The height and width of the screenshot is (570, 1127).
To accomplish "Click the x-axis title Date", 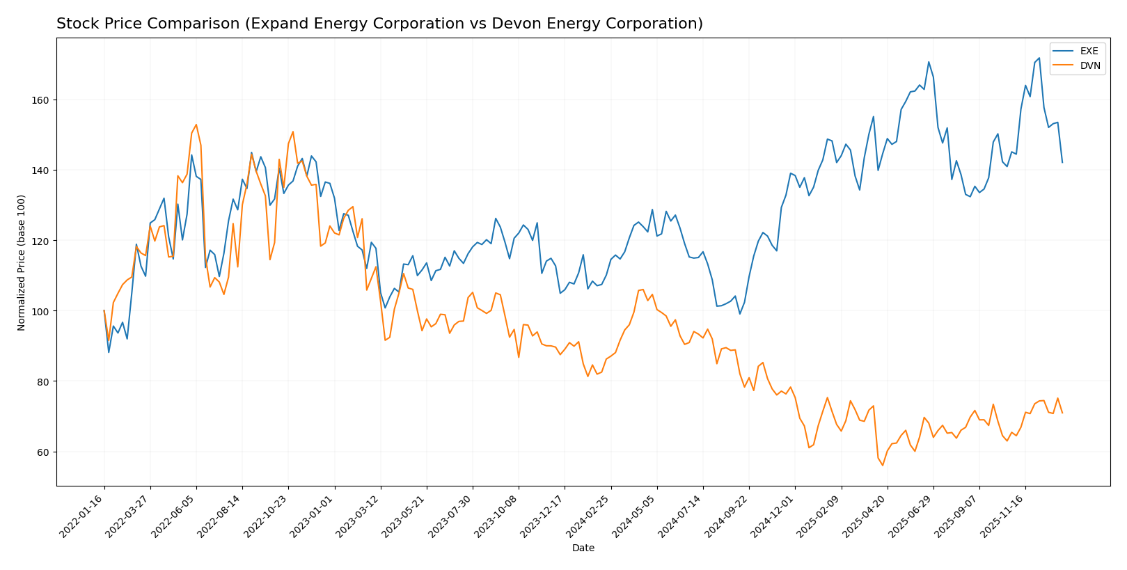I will click(x=583, y=548).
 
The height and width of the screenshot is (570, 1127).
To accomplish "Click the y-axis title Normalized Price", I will click(x=22, y=262).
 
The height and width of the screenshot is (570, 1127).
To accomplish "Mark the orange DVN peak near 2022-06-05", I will click(x=196, y=125).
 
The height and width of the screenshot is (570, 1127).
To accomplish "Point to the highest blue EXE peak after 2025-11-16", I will click(x=1039, y=58).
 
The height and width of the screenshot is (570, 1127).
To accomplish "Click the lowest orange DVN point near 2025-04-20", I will click(x=883, y=465).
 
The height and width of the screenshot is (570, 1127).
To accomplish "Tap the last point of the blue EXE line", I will click(x=1062, y=163).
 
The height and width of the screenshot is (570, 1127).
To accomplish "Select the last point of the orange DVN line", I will click(x=1062, y=413).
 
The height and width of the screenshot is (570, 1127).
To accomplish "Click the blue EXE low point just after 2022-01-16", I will click(x=109, y=352).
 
